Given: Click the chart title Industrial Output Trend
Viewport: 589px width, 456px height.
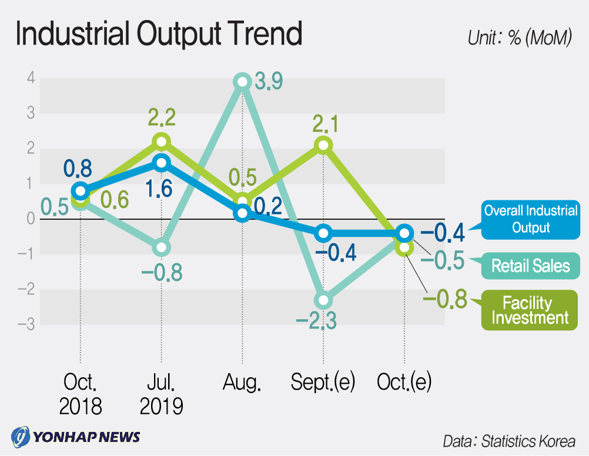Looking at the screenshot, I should tap(159, 34).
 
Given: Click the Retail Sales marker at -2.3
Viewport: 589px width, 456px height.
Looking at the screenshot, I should tap(323, 301).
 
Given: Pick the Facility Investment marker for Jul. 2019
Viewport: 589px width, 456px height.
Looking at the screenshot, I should tap(161, 141).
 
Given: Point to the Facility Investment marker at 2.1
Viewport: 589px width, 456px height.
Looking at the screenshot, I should tap(323, 145).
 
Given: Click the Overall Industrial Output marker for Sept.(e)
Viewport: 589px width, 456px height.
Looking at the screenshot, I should tap(323, 233).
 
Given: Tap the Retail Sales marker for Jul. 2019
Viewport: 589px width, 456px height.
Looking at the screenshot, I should tap(161, 247).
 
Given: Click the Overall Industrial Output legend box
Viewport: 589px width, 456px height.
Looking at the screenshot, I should tap(530, 219).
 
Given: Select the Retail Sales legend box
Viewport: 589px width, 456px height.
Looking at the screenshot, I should tap(530, 266).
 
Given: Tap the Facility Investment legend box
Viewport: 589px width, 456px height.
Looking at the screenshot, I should tap(530, 310).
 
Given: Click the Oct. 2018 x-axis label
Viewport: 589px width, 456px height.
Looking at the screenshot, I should tap(81, 394).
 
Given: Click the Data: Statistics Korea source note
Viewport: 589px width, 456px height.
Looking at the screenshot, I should tap(508, 441).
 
